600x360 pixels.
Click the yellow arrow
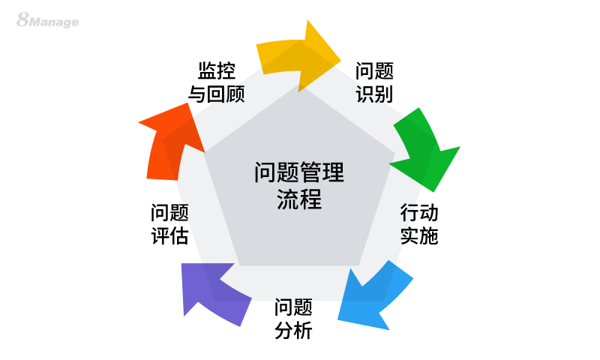tap(296, 55)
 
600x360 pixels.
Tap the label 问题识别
tap(374, 83)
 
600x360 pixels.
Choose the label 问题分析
tap(293, 319)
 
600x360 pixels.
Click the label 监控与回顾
tap(216, 83)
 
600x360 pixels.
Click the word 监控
tap(217, 71)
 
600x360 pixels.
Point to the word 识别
tap(374, 95)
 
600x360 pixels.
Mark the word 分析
tap(293, 331)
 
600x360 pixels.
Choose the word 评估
tap(169, 236)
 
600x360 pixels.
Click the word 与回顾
tap(216, 95)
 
